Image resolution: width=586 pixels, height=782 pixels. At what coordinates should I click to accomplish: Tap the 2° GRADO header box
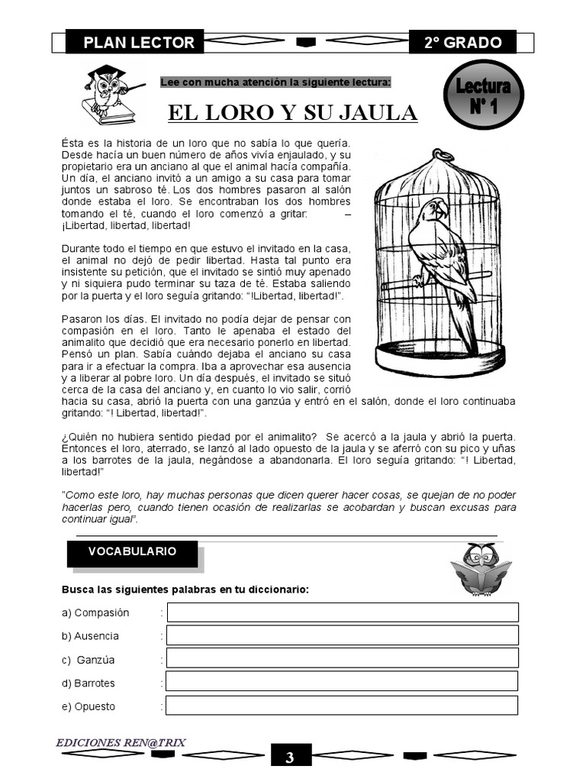[x=462, y=43]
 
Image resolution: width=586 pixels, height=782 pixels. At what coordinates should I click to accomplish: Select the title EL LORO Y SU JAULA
[x=292, y=114]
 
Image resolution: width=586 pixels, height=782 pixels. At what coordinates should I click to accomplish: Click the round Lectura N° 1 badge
[x=483, y=95]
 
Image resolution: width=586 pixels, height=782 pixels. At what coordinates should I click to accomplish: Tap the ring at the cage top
[x=442, y=156]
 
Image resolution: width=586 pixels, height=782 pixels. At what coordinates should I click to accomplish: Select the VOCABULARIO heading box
[x=132, y=552]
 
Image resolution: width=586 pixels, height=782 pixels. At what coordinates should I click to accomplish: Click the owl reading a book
[x=481, y=570]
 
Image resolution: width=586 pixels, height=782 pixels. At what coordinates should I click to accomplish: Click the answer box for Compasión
[x=343, y=612]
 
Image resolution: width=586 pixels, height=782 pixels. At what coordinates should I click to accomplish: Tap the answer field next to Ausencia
[x=342, y=635]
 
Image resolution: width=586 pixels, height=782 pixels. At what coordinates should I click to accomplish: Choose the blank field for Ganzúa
[x=342, y=659]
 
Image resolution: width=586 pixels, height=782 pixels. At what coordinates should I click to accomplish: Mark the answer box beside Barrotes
[x=342, y=682]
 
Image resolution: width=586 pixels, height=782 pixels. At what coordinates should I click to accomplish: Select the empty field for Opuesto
[x=342, y=706]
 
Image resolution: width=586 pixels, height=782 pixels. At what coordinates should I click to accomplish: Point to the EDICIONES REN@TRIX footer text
[x=121, y=742]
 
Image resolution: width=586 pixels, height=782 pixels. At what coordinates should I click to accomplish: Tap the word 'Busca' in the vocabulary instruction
[x=77, y=590]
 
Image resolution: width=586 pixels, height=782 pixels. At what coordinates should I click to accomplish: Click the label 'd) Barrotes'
[x=89, y=683]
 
